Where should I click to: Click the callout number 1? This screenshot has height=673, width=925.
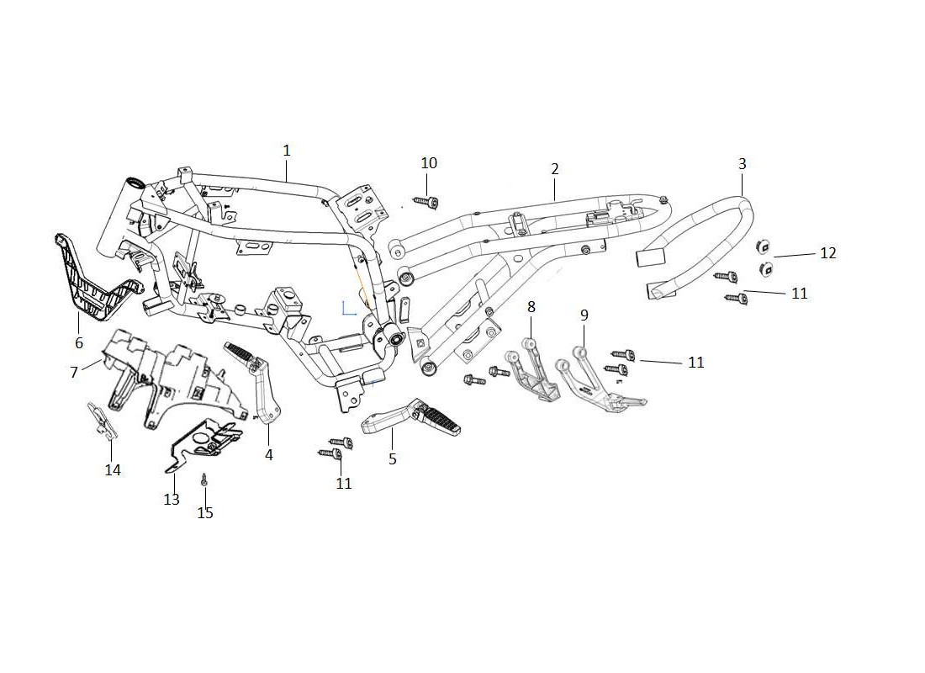(x=287, y=151)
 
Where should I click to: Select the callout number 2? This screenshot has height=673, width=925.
(x=555, y=169)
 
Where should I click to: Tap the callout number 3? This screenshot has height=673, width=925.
(x=743, y=163)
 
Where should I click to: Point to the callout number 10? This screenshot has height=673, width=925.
(x=429, y=162)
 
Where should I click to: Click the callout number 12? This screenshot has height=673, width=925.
(x=828, y=252)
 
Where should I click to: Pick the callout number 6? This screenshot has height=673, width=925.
(x=79, y=342)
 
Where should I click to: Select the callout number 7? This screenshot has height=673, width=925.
(x=74, y=371)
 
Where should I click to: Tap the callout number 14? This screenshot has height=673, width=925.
(x=113, y=469)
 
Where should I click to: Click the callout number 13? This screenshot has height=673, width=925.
(x=172, y=499)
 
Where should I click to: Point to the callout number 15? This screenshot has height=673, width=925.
(x=205, y=512)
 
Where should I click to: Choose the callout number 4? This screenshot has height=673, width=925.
(x=269, y=454)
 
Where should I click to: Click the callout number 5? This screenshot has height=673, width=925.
(x=393, y=458)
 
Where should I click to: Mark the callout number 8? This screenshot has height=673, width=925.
(x=531, y=306)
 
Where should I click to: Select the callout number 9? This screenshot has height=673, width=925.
(x=584, y=315)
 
